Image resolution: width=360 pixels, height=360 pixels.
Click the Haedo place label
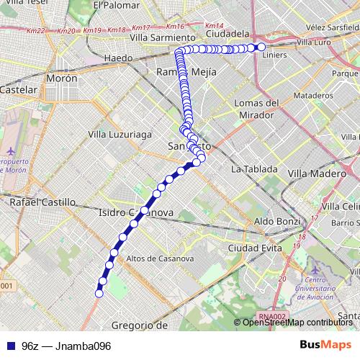(x=118, y=58)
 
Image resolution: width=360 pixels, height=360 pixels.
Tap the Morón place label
(x=61, y=78)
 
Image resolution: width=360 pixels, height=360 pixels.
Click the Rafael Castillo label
(x=42, y=203)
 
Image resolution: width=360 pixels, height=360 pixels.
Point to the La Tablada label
(x=254, y=169)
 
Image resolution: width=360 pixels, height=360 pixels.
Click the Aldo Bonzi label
(x=276, y=220)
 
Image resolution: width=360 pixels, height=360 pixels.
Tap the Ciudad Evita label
(x=254, y=248)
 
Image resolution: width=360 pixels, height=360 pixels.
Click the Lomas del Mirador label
(x=256, y=109)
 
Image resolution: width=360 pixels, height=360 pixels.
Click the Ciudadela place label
(x=227, y=33)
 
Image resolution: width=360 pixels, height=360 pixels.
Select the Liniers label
(x=276, y=54)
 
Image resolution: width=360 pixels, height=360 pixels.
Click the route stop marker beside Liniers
(x=261, y=47)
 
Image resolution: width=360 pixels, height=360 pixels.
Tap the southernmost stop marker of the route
(x=99, y=293)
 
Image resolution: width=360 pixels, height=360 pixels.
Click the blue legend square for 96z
(x=9, y=346)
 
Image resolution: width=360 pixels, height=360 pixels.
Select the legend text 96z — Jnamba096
(x=66, y=346)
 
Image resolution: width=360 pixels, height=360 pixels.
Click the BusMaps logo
(x=325, y=345)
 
